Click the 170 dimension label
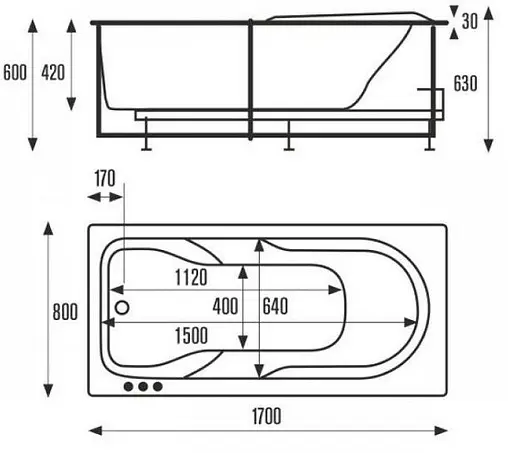[x=105, y=180]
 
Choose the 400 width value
[x=226, y=306]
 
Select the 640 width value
[x=279, y=306]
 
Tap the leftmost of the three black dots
[x=127, y=386]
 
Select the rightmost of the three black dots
[x=157, y=386]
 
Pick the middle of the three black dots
[x=142, y=386]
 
